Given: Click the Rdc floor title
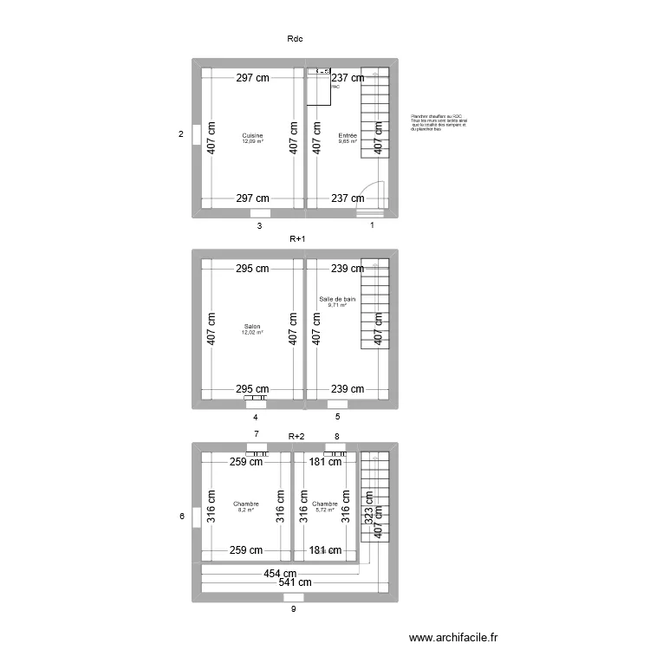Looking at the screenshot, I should [294, 38].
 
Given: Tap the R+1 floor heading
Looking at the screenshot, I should [298, 238].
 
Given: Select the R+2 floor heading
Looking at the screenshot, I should [296, 437].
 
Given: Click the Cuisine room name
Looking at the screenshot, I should [252, 135].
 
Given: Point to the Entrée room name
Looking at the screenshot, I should [348, 135].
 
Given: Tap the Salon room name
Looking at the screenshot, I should [251, 327].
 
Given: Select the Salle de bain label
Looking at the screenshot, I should [337, 299].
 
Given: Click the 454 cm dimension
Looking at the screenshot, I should [281, 574].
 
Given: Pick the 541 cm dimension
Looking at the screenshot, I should [296, 584].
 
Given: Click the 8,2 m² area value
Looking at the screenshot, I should [246, 510].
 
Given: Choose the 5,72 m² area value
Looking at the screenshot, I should [325, 510].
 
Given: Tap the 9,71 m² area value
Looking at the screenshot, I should [337, 305].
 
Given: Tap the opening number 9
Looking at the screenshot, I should [294, 609].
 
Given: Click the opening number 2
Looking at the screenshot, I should [181, 134].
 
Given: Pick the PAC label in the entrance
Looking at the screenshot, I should [335, 87].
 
